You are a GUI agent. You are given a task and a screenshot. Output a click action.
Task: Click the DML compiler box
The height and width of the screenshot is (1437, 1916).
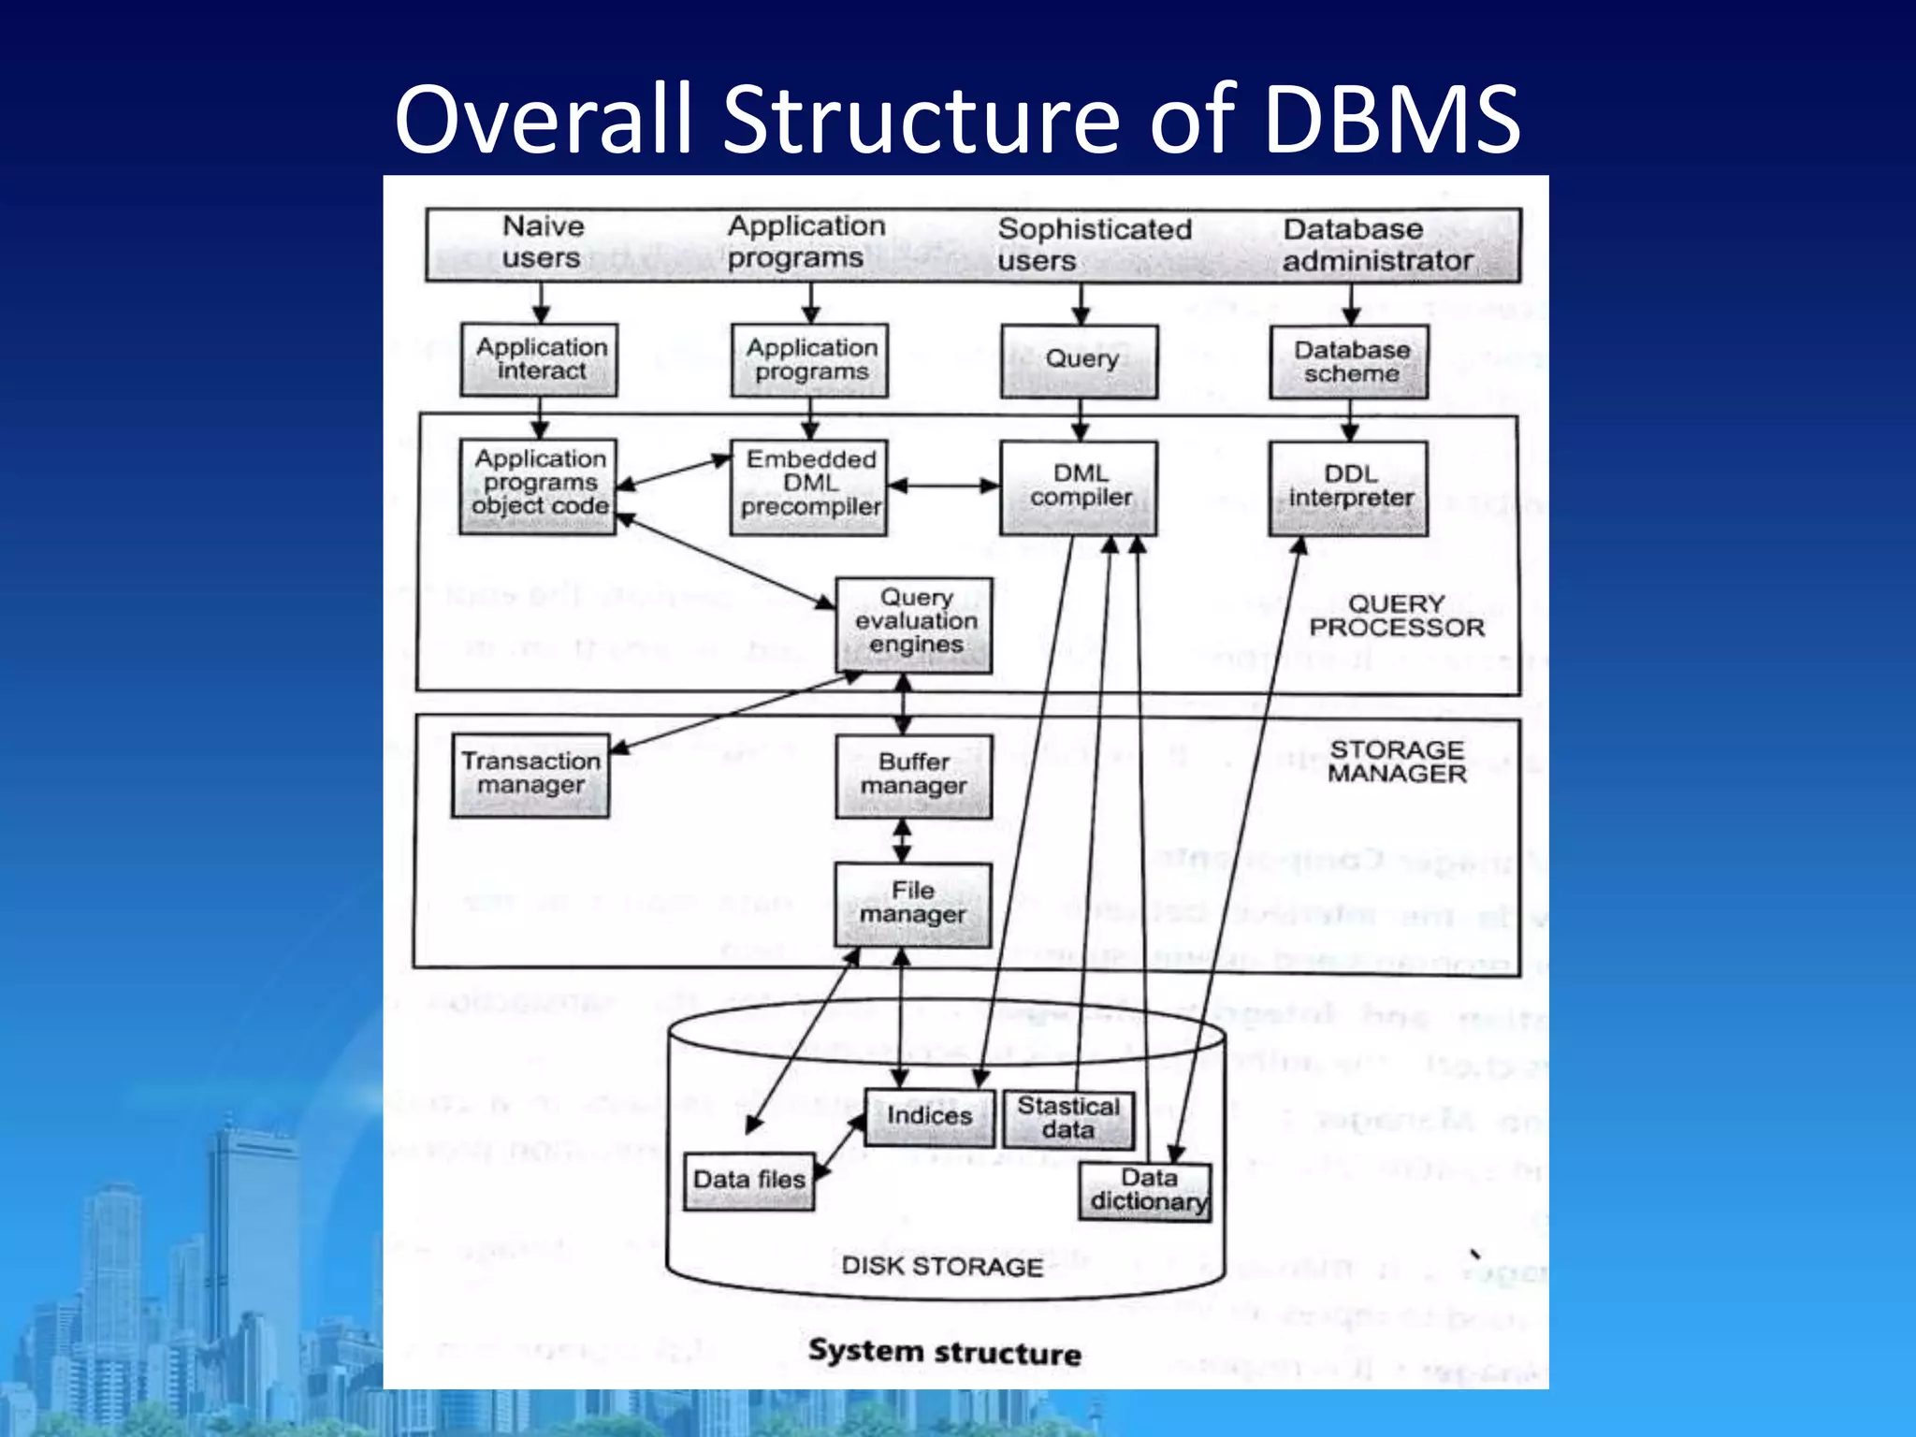point(1079,487)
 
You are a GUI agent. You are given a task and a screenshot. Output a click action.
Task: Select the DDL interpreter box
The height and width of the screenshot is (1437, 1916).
point(1349,487)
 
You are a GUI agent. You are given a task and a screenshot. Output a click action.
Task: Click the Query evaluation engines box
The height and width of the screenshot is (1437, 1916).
point(914,623)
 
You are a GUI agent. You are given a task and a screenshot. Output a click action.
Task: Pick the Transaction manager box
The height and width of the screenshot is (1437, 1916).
point(530,775)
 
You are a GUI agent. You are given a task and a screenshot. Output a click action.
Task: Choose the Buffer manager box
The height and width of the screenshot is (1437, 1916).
point(913,776)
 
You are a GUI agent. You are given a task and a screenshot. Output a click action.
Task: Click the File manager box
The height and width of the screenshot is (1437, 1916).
point(913,904)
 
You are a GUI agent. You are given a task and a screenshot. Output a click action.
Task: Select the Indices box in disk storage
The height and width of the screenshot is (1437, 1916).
point(929,1117)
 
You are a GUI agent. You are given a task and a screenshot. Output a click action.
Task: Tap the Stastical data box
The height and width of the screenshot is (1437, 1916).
point(1068,1119)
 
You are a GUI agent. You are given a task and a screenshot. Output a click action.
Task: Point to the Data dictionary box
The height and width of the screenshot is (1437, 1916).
point(1146,1191)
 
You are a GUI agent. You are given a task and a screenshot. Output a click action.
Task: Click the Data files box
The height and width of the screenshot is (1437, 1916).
point(748,1181)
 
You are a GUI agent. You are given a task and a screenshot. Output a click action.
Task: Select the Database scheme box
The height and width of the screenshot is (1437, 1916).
point(1349,361)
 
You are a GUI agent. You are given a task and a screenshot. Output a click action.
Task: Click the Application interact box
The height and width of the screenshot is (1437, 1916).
point(540,359)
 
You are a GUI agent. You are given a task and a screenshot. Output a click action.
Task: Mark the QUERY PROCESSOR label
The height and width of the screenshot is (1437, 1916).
point(1396,617)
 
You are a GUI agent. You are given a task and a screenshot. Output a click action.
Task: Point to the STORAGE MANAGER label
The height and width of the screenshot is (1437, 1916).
point(1396,762)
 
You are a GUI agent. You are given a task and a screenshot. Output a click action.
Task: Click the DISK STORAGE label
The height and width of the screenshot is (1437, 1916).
point(941,1267)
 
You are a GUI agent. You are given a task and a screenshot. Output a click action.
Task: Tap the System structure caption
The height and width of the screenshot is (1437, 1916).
point(944,1353)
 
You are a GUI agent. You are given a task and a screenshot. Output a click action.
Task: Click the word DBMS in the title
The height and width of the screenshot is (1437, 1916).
point(1392,120)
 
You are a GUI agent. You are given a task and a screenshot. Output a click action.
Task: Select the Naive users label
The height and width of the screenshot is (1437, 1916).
point(542,242)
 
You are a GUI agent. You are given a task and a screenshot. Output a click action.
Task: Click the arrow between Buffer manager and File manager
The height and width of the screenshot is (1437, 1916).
point(902,841)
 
